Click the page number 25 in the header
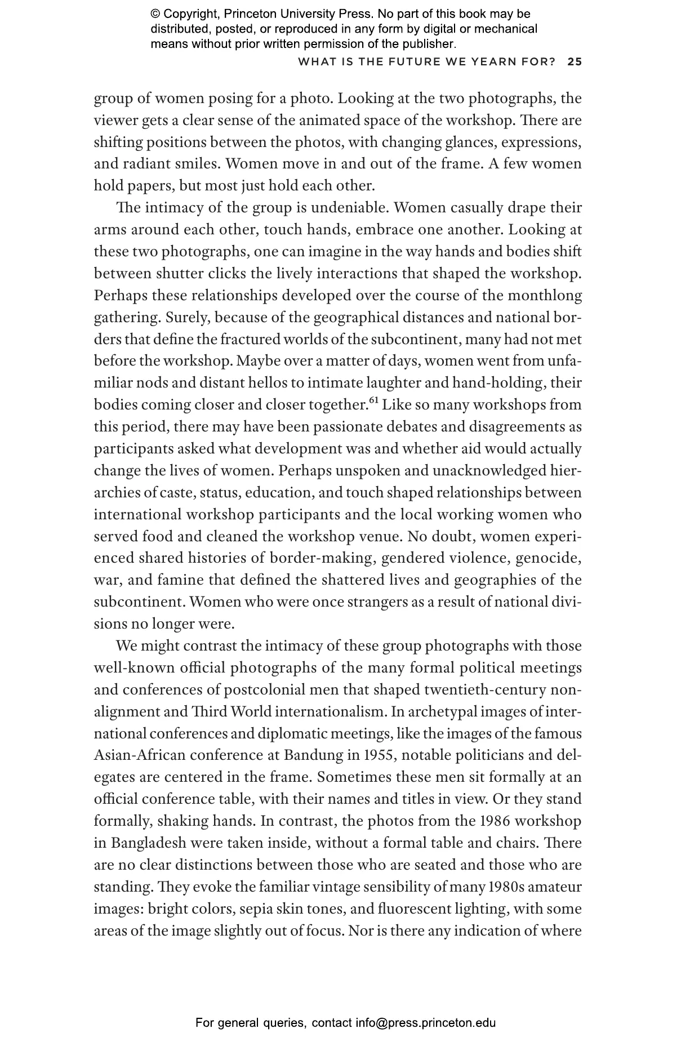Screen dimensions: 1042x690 [575, 62]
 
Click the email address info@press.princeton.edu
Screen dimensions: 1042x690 [425, 1022]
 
